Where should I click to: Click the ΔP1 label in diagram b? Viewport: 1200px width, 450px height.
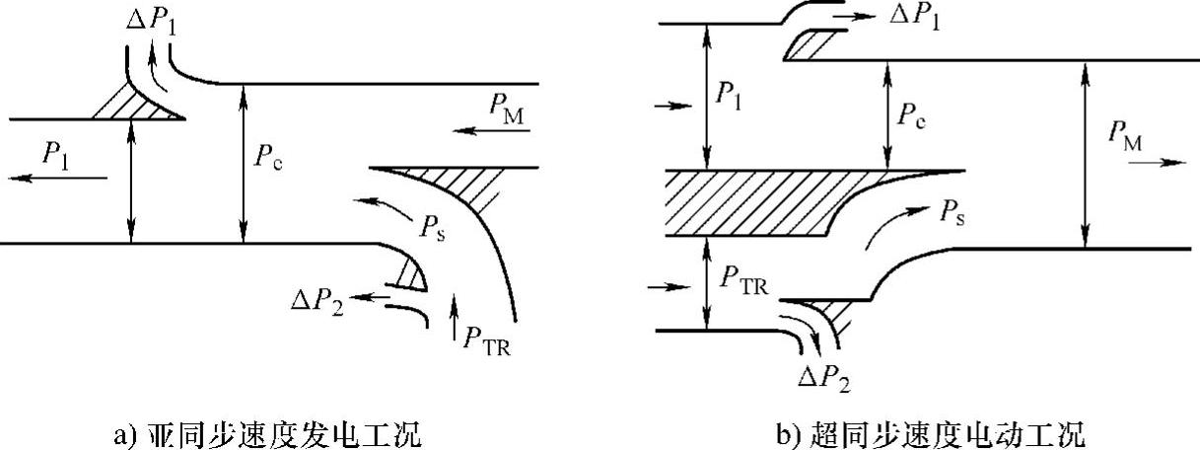click(x=911, y=17)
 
